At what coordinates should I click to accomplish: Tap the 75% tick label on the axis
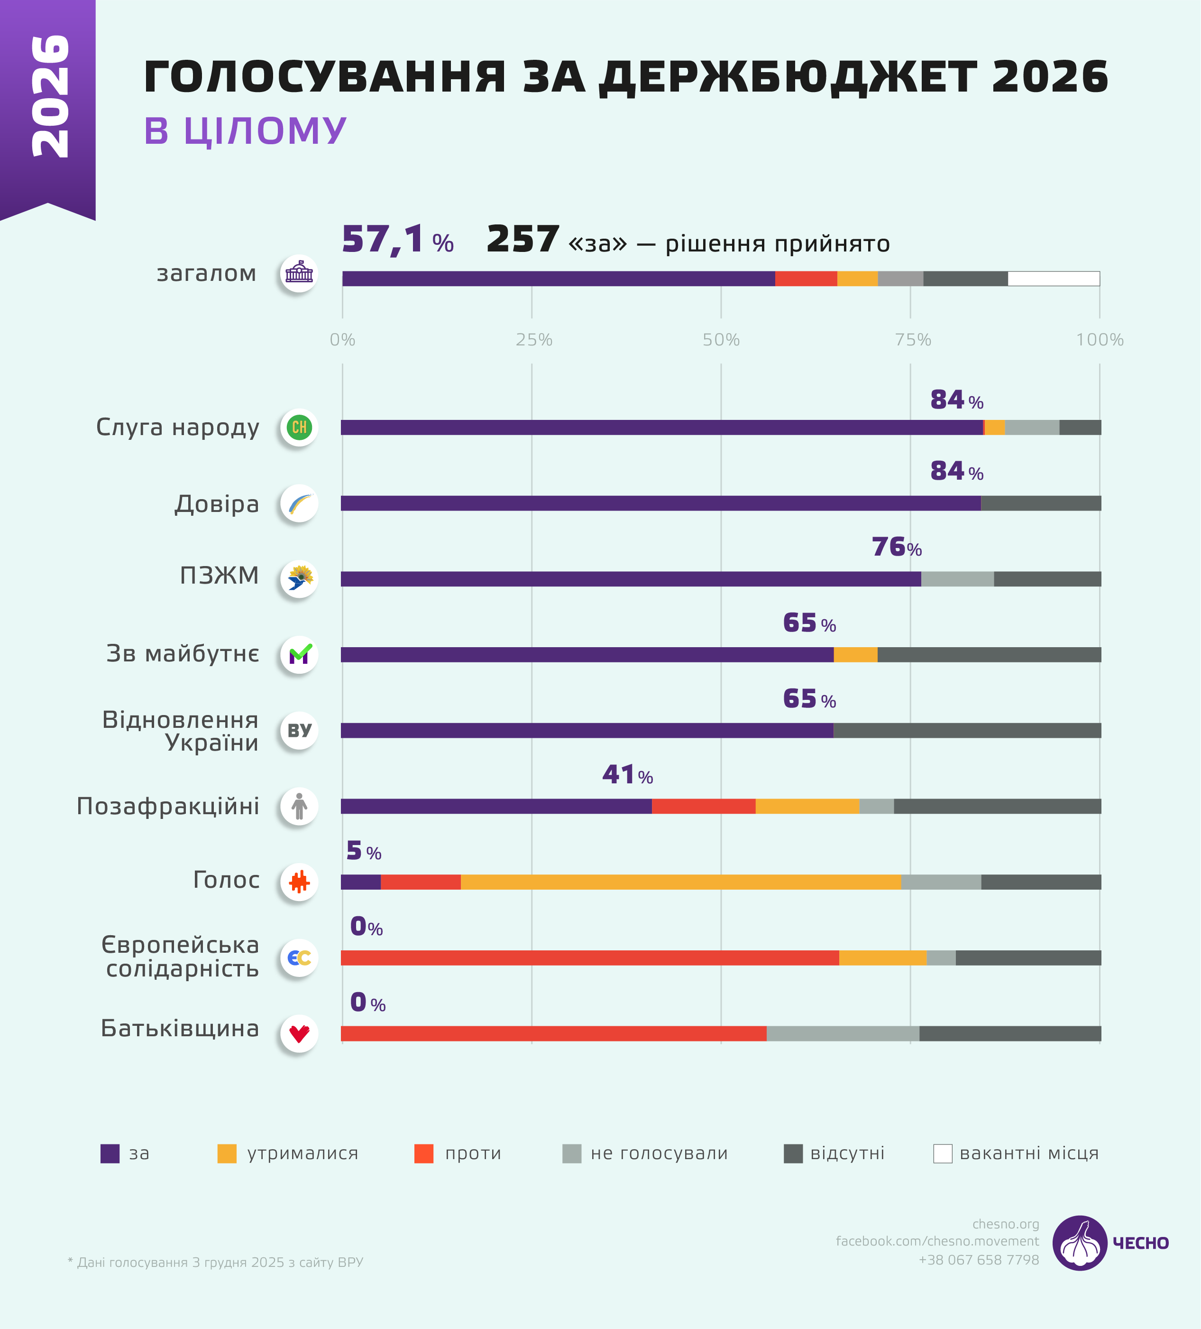912,340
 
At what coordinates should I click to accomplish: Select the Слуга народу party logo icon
299,427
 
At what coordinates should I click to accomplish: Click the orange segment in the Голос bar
680,882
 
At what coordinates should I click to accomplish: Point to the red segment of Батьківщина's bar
553,1034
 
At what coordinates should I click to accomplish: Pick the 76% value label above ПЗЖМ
896,547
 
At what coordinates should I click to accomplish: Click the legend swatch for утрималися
227,1153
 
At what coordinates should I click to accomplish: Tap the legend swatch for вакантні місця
942,1153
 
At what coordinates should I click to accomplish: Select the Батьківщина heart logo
299,1034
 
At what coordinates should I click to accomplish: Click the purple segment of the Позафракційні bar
495,806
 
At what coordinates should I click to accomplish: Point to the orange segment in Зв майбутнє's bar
855,655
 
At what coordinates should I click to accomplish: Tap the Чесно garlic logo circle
1079,1243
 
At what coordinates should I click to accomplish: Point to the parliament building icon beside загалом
299,273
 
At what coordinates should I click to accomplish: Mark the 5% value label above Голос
363,851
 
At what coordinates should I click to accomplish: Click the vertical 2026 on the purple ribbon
50,96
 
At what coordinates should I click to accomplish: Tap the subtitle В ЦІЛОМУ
245,130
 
